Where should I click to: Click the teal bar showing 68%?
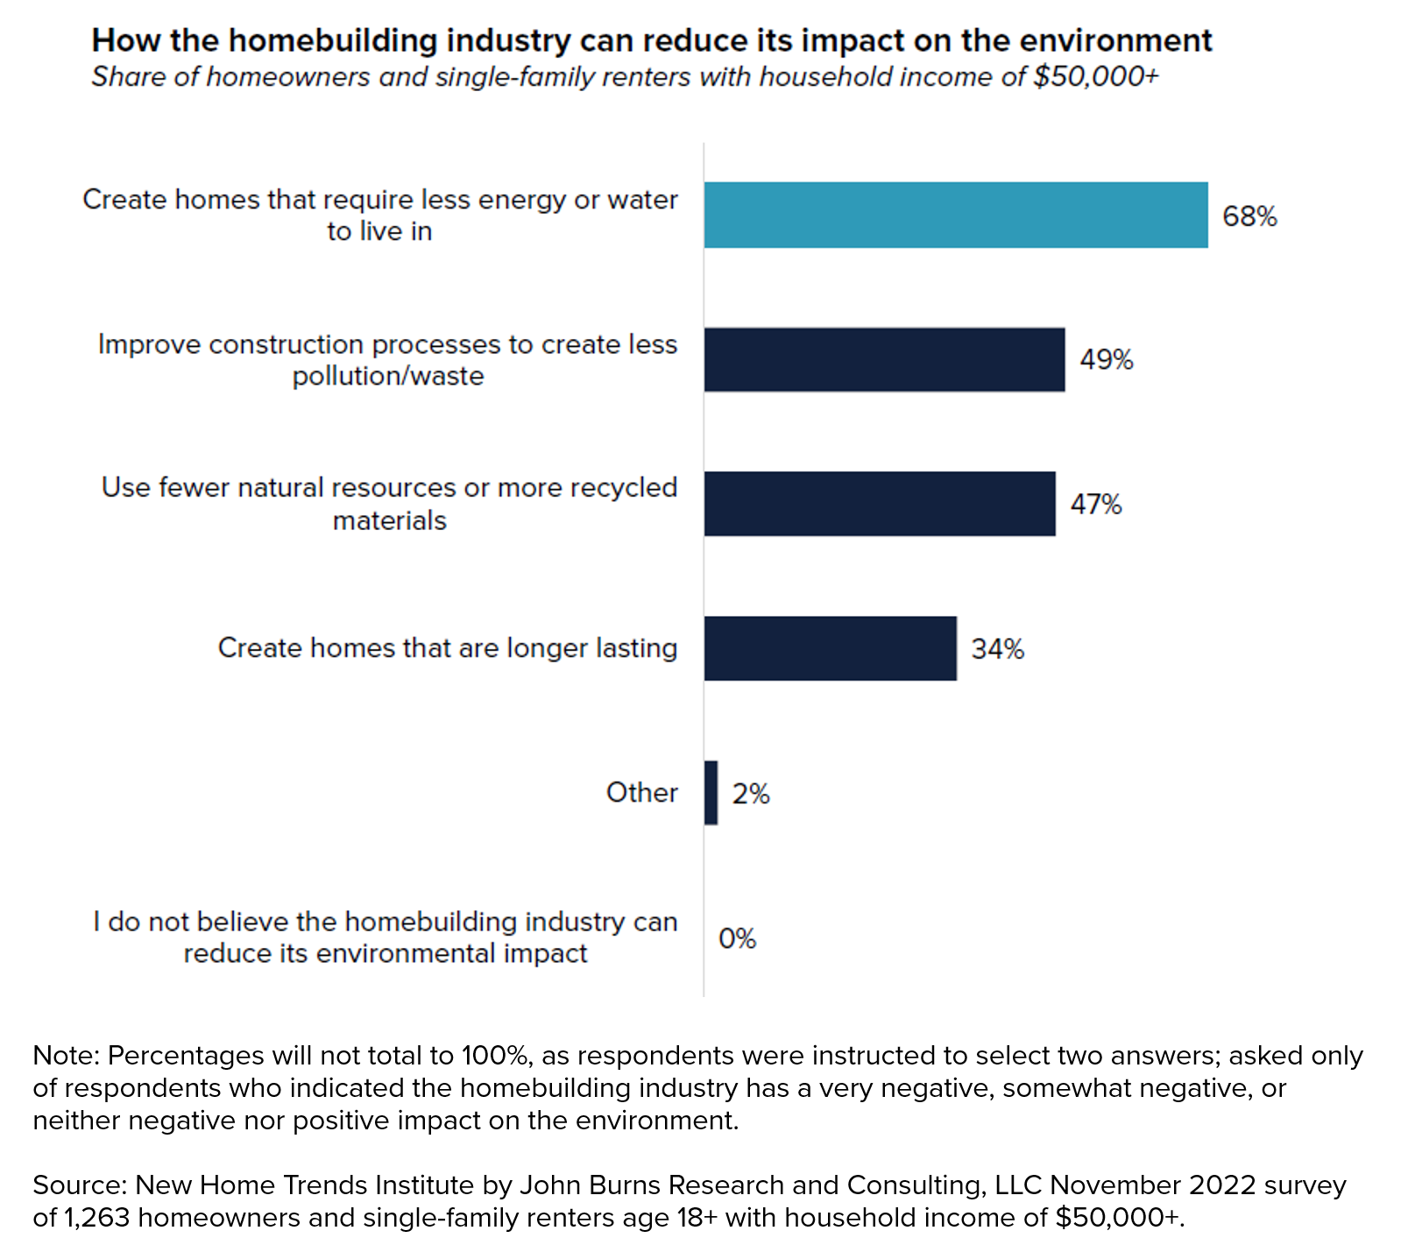coord(955,216)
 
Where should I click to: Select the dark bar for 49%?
coord(884,360)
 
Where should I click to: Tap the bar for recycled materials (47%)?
coord(880,504)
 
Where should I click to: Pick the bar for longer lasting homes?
coord(830,648)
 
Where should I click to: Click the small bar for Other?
coord(711,793)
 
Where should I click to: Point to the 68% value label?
coord(1249,216)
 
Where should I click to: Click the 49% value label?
coord(1106,360)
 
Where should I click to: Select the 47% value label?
coord(1095,505)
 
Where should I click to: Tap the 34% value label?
coord(997,649)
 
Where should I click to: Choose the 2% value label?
coord(751,794)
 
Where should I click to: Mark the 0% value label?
coord(737,938)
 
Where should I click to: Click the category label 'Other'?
coord(641,793)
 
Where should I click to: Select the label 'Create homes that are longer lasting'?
coord(447,648)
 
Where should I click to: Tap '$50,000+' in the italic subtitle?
coord(1095,77)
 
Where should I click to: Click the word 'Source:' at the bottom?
coord(81,1185)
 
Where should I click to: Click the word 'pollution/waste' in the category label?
coord(388,376)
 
